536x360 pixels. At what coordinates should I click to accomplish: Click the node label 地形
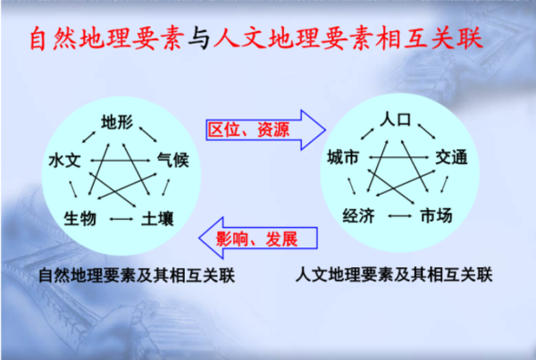point(117,121)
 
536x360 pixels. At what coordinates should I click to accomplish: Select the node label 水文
point(64,160)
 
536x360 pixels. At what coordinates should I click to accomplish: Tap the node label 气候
point(173,160)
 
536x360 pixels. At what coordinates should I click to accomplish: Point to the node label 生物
point(80,219)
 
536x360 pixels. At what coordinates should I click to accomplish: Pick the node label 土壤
point(157,219)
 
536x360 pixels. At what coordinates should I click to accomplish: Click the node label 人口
point(396,119)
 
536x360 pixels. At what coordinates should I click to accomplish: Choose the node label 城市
point(343,157)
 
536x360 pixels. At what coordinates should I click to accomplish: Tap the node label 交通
point(451,157)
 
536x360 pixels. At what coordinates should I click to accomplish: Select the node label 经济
point(359,215)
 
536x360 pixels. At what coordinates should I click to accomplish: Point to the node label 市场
point(436,215)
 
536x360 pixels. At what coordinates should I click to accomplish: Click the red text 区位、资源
point(249,130)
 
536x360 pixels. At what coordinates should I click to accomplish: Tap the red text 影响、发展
point(257,239)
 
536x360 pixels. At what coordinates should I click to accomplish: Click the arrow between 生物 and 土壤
point(121,219)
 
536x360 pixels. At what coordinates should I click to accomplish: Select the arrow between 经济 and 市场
point(400,215)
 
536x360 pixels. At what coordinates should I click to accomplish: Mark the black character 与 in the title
point(199,38)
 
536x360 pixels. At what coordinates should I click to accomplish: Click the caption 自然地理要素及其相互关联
point(137,275)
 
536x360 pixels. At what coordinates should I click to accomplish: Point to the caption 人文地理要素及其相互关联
point(394,274)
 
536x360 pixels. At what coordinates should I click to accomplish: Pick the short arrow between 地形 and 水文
point(88,137)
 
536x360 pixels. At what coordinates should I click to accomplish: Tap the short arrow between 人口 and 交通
point(427,131)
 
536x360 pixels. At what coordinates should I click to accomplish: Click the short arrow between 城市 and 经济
point(352,186)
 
